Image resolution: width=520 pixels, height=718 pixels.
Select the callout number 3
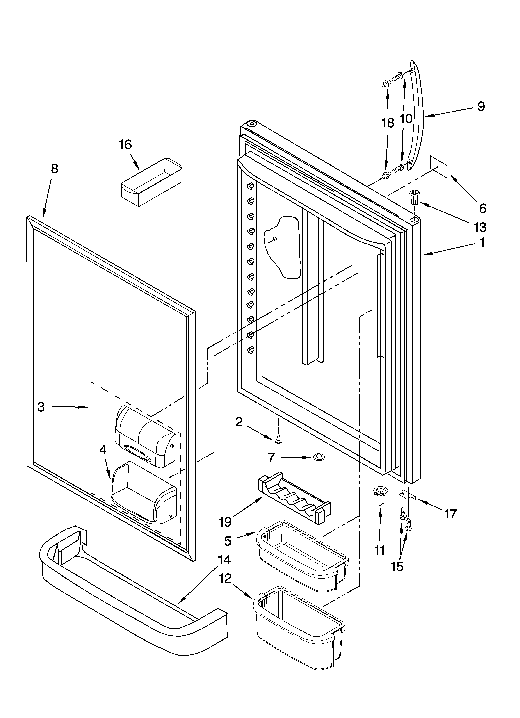pos(41,407)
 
